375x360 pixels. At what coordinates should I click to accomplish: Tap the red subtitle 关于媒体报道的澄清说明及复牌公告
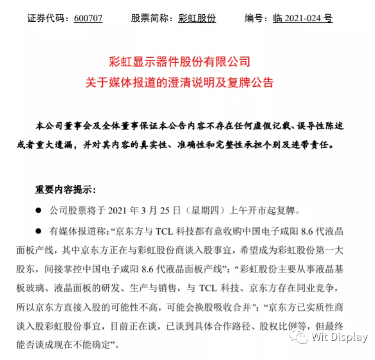(x=187, y=83)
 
